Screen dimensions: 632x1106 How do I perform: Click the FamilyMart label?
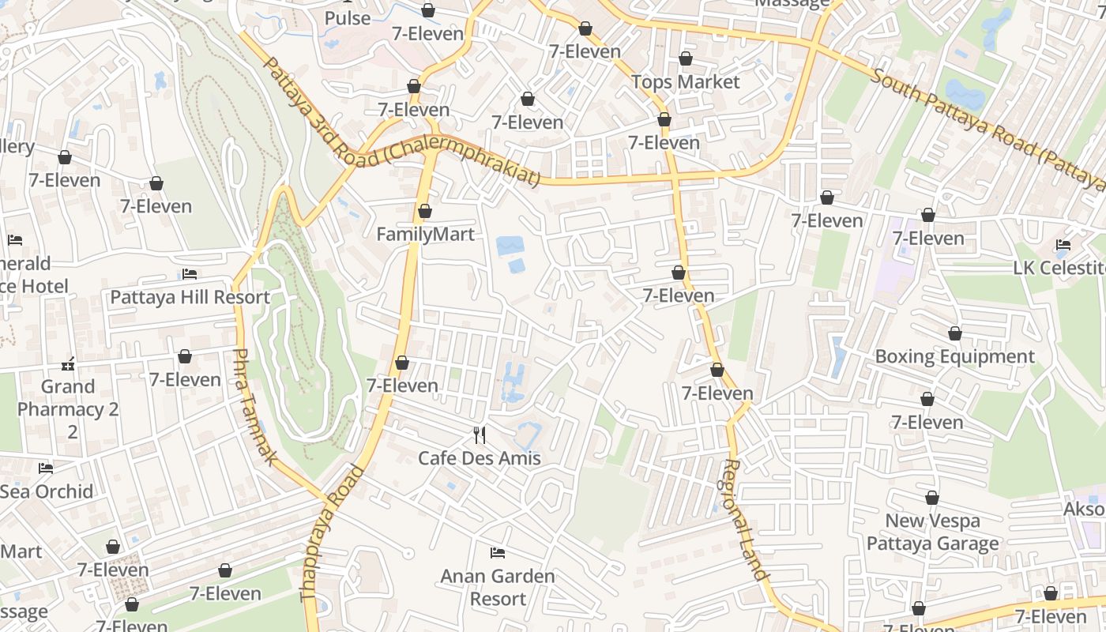(x=425, y=235)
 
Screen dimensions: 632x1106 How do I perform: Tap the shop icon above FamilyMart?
(x=425, y=211)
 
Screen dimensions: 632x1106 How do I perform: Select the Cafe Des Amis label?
(x=480, y=458)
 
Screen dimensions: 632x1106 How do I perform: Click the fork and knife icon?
(x=480, y=434)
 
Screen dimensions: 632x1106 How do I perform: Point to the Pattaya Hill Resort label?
(x=190, y=298)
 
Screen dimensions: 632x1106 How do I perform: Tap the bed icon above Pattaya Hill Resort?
(x=190, y=274)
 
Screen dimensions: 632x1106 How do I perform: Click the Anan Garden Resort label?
(x=498, y=587)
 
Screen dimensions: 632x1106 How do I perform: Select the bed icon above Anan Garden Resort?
(x=498, y=552)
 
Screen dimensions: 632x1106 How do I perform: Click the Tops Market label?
(x=686, y=82)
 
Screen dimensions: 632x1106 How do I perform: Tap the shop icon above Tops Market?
(x=686, y=58)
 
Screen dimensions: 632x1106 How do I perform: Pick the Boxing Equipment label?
(x=954, y=356)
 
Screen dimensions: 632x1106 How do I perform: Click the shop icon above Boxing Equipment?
(x=954, y=333)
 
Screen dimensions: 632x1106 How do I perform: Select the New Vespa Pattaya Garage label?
(x=932, y=532)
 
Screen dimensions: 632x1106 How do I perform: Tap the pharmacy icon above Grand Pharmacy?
(x=68, y=364)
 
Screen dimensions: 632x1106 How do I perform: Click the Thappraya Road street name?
(x=333, y=534)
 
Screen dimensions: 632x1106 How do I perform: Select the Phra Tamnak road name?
(x=256, y=407)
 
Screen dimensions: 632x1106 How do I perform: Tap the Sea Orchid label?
(x=46, y=491)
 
